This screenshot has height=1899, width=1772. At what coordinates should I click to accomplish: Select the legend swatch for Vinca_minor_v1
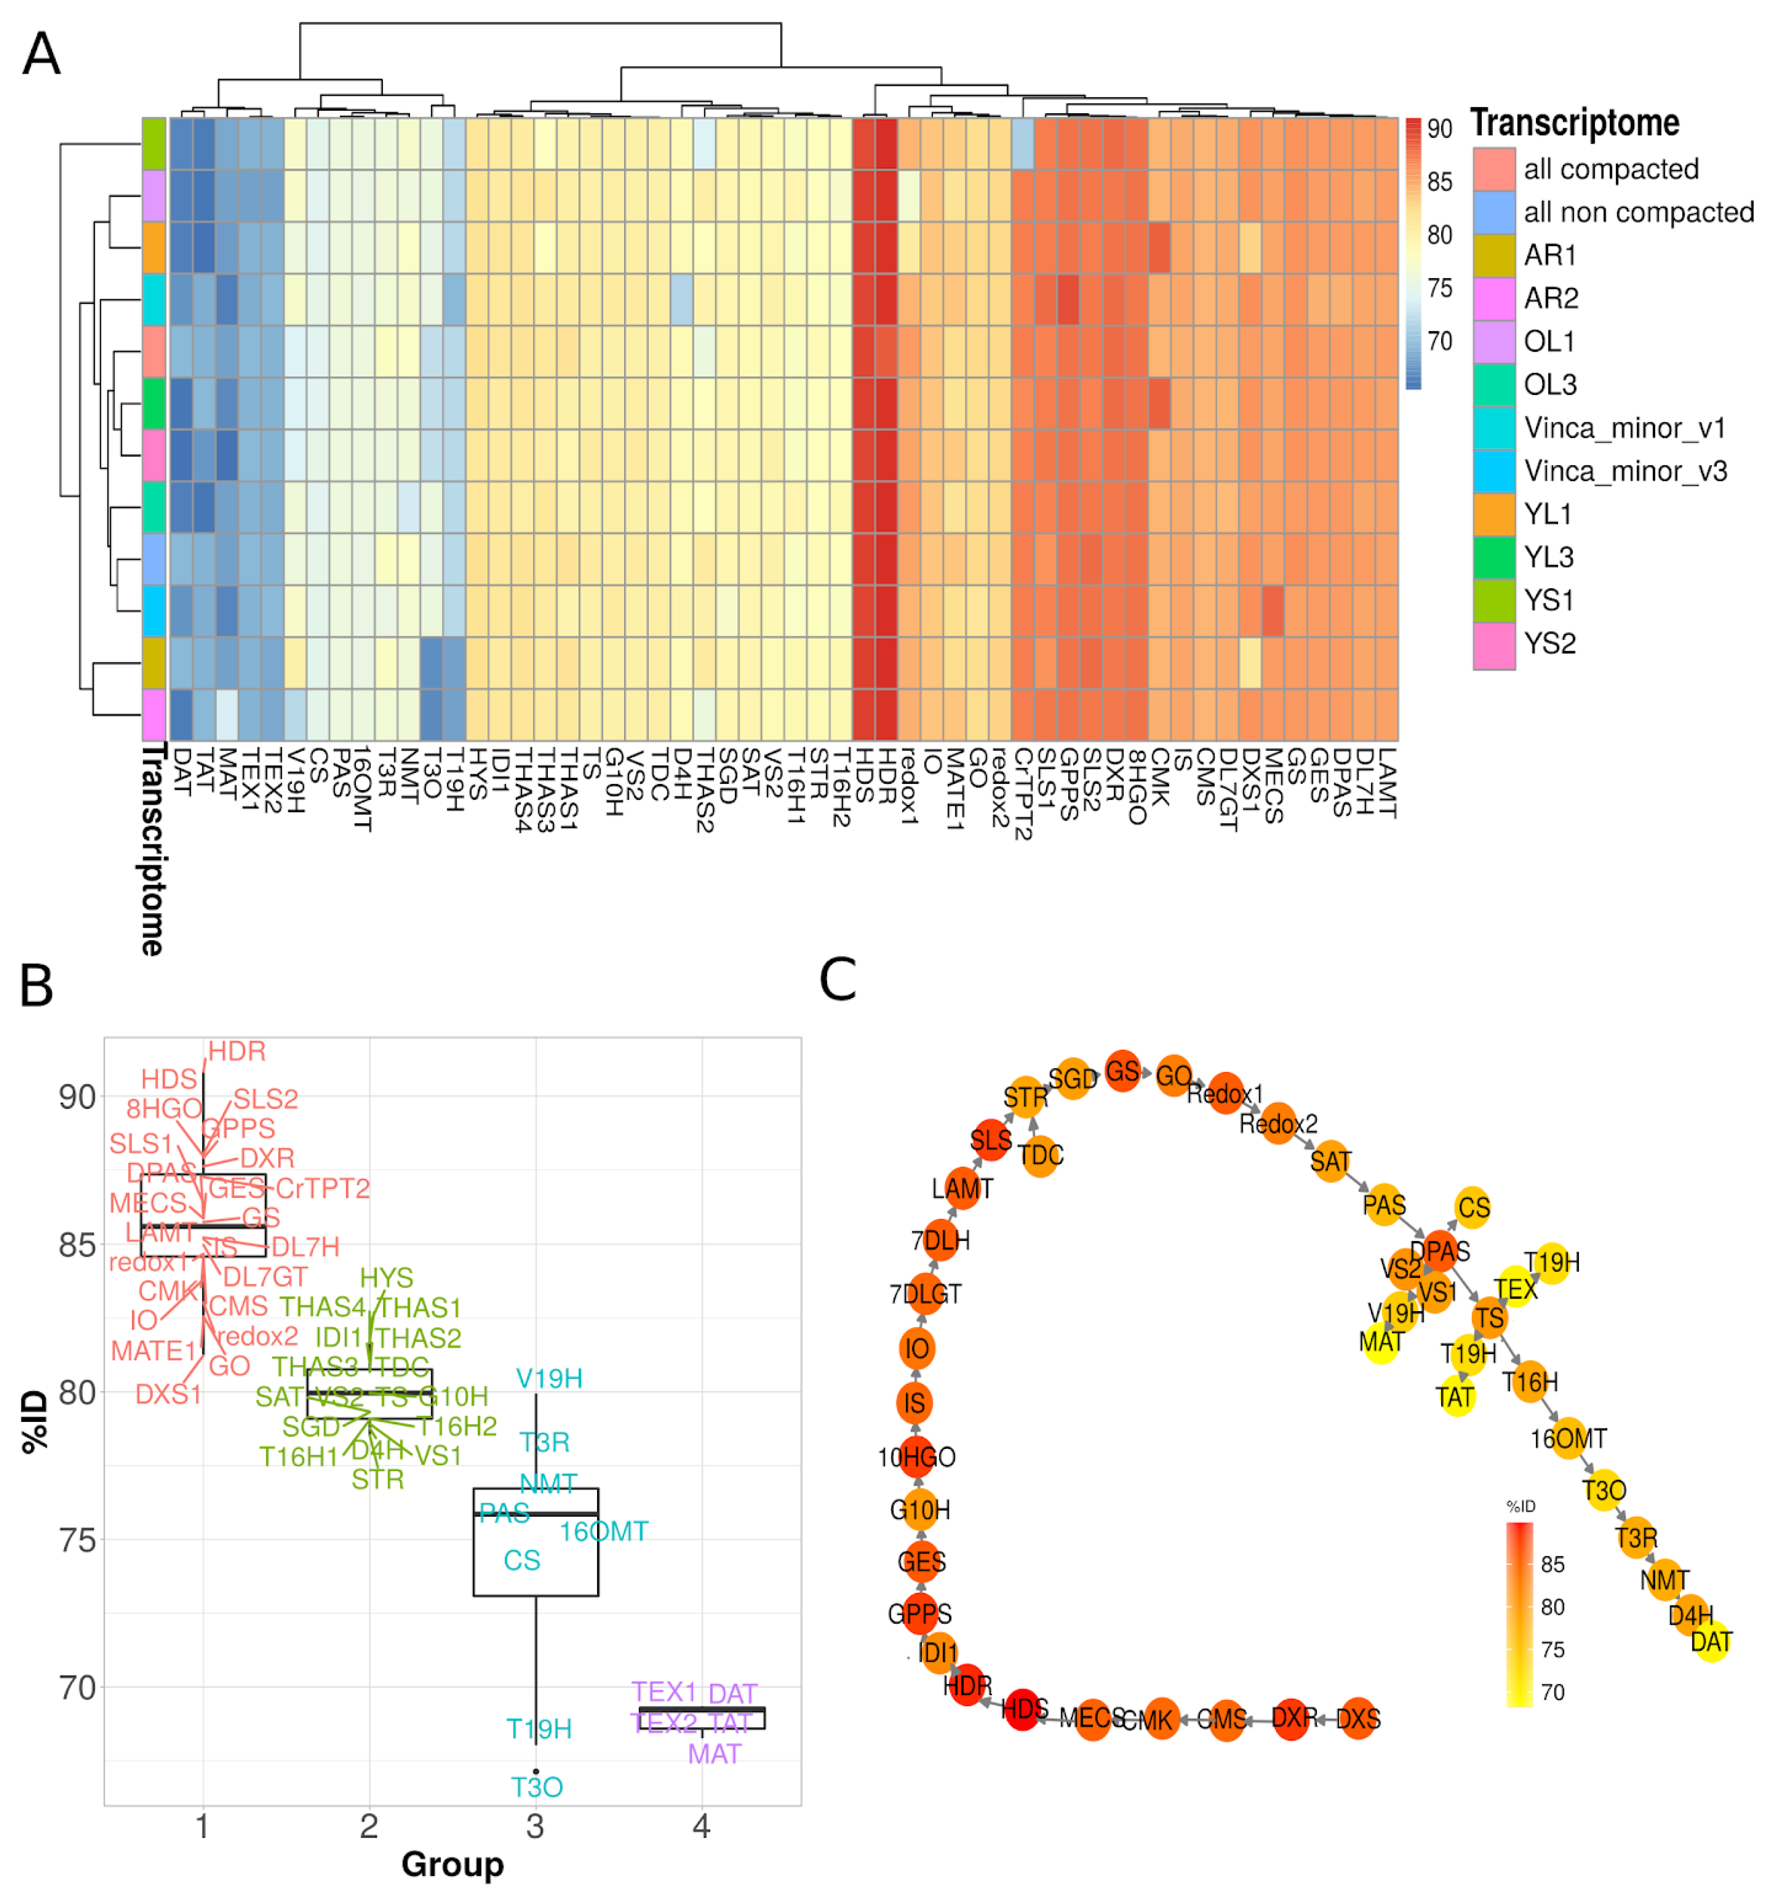(x=1493, y=427)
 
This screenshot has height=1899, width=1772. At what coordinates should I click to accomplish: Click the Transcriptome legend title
(x=1574, y=123)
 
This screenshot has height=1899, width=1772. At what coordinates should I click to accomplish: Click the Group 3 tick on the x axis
(x=535, y=1826)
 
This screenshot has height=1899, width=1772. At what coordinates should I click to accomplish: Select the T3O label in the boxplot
(x=537, y=1787)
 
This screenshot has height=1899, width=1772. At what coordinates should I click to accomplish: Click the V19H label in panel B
(x=549, y=1378)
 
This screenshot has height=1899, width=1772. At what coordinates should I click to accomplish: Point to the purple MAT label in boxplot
(x=714, y=1755)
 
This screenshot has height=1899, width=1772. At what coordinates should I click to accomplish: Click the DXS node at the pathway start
(x=1357, y=1719)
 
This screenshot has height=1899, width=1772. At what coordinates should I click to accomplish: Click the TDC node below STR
(x=1040, y=1156)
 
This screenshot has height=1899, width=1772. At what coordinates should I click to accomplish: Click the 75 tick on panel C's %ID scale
(x=1552, y=1650)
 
